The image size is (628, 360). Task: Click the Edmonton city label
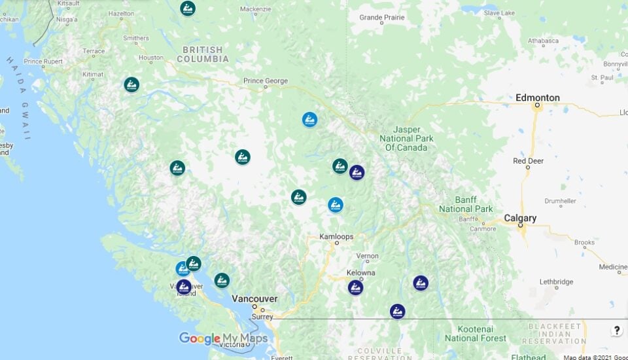[537, 98]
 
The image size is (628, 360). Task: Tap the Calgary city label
[520, 218]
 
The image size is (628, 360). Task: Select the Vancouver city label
[254, 298]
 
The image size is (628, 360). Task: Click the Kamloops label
[336, 236]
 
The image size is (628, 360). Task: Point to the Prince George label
[265, 81]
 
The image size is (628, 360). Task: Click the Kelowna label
[360, 272]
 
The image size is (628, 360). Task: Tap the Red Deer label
[528, 160]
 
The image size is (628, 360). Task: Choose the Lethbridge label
[556, 281]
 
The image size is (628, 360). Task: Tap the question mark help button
[616, 331]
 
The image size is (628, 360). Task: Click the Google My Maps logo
[223, 338]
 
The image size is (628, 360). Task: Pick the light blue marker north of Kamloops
[336, 205]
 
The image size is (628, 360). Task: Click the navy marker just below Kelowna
[355, 287]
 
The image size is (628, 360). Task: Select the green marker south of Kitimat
[131, 84]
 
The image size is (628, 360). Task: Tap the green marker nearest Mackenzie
[188, 9]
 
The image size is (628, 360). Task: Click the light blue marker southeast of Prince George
[309, 119]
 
